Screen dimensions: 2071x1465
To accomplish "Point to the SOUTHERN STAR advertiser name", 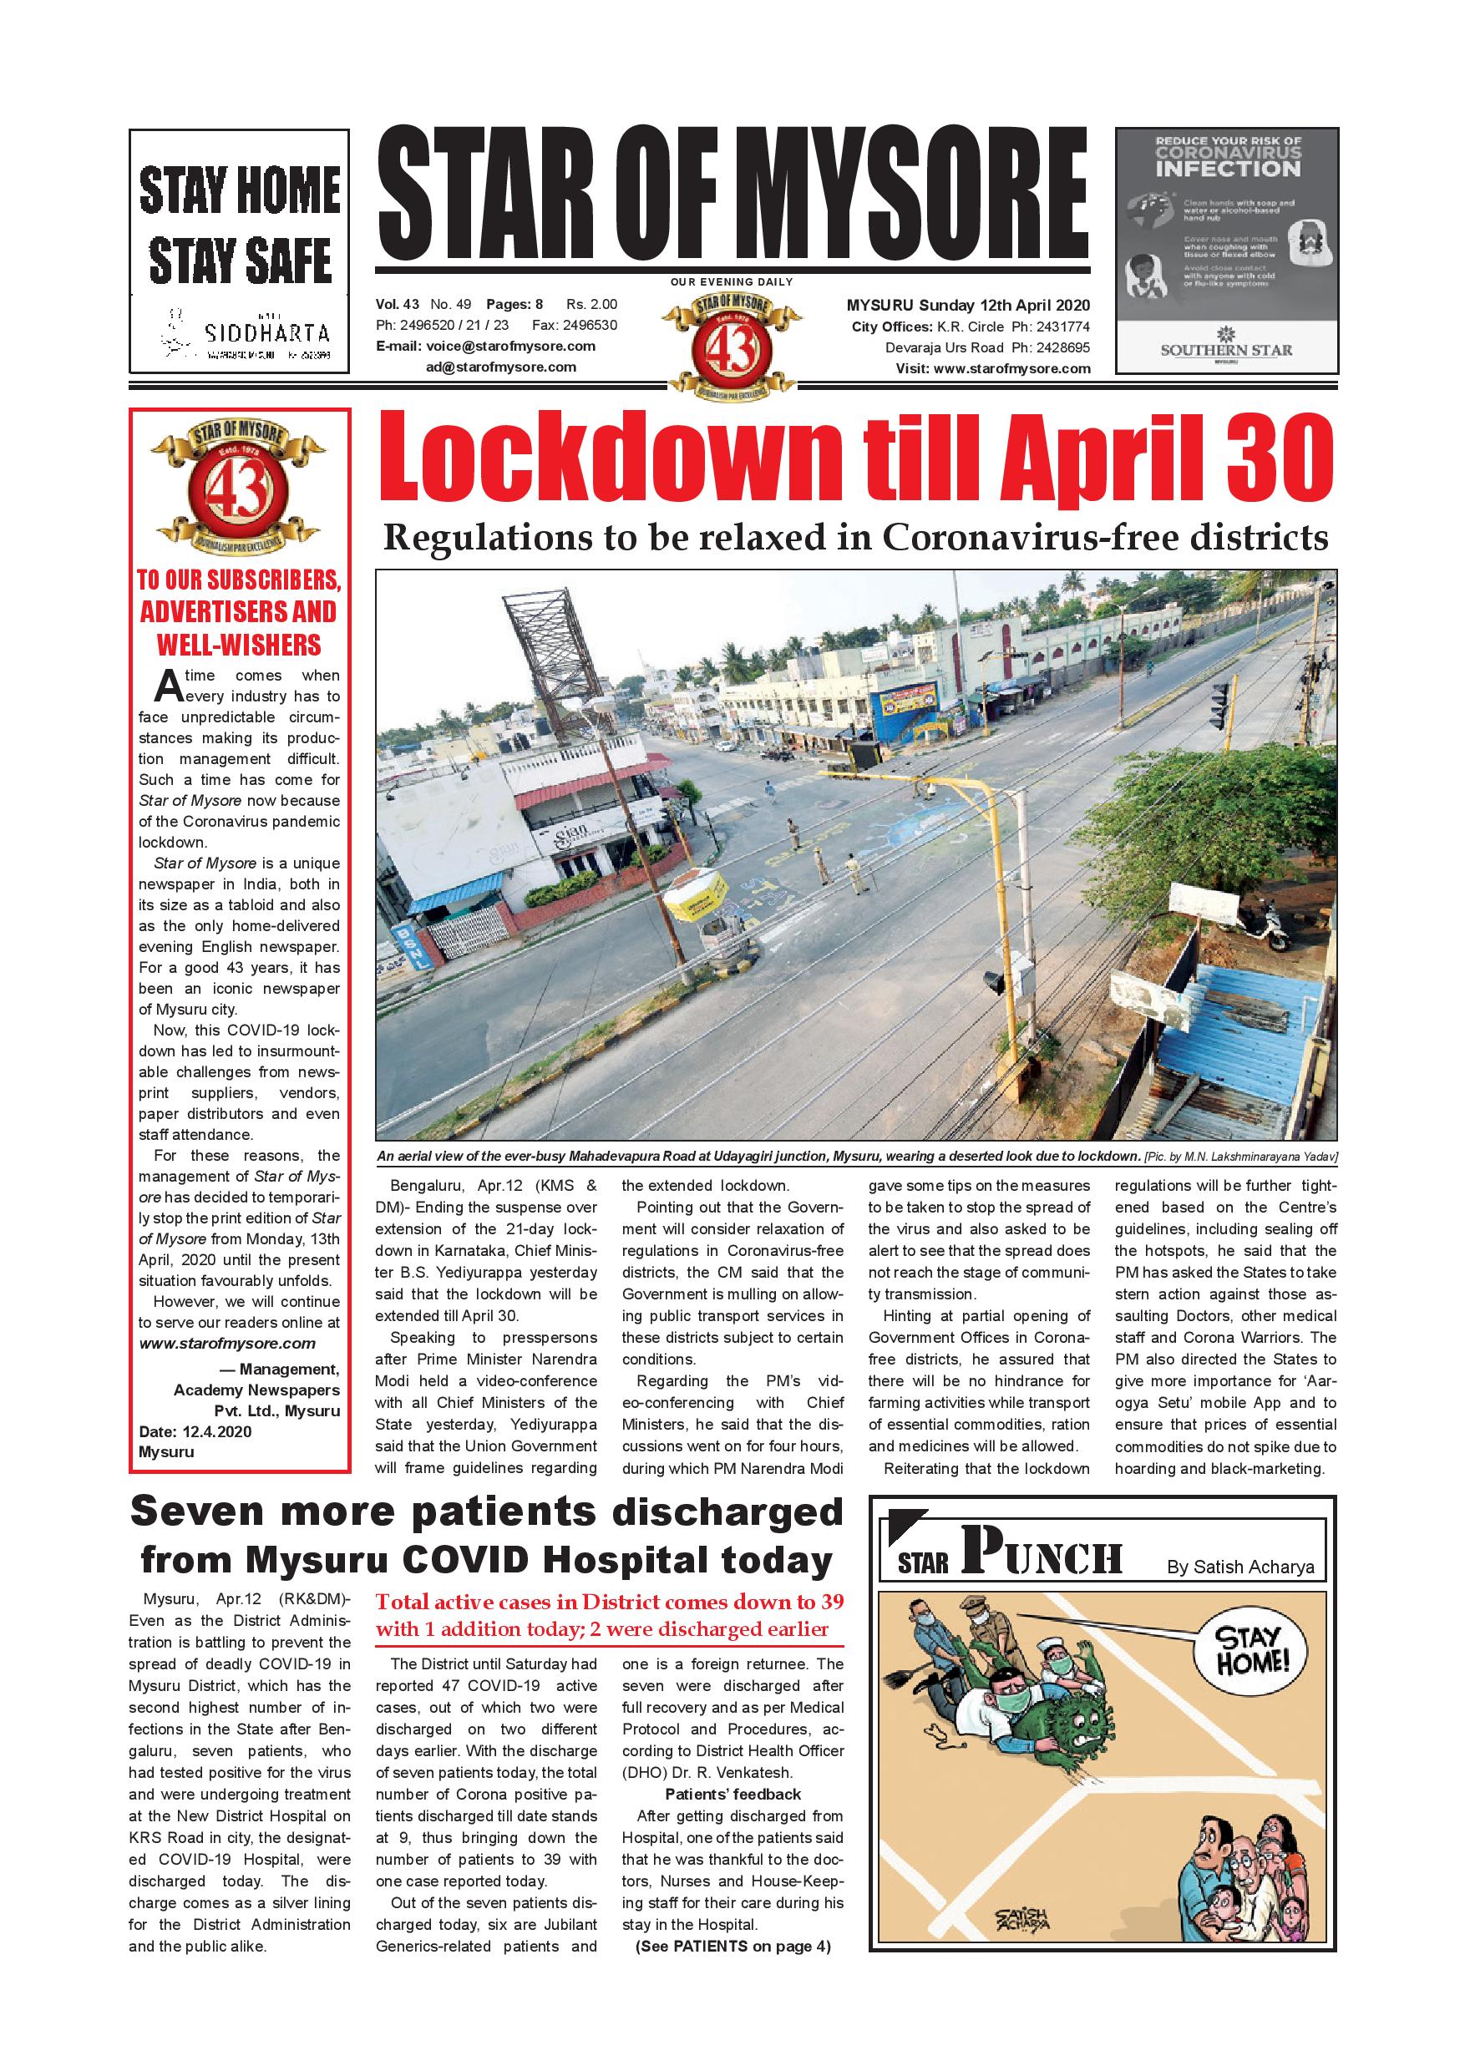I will point(1226,350).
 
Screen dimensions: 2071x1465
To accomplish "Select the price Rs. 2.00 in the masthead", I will point(592,305).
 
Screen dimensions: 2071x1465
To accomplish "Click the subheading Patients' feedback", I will point(732,1794).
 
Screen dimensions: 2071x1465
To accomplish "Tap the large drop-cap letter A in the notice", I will point(169,686).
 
